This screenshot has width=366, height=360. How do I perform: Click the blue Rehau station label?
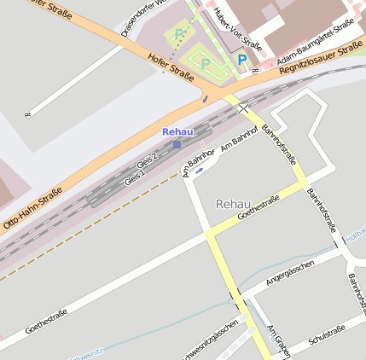(177, 131)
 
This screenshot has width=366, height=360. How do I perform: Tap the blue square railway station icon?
(177, 144)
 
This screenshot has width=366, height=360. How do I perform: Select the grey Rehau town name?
(234, 204)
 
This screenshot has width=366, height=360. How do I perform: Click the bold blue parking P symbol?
(242, 61)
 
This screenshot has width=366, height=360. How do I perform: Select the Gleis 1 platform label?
(135, 177)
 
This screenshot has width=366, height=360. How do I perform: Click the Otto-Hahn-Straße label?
(32, 206)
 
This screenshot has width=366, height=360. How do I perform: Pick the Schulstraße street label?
(326, 334)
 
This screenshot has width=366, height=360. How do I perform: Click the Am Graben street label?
(278, 341)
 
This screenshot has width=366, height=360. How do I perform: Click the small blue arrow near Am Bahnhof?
(199, 170)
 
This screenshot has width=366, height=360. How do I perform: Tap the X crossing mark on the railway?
(245, 108)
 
